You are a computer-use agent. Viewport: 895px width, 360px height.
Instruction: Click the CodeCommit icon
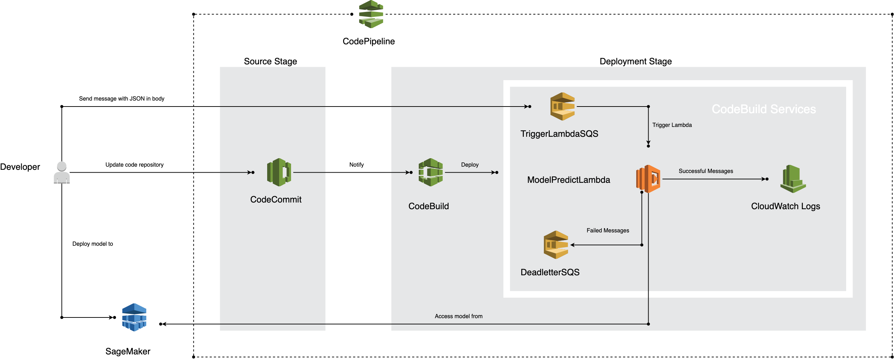pos(279,172)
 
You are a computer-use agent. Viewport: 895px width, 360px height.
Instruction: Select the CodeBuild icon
pos(431,172)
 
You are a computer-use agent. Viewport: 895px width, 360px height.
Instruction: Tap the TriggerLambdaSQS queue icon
pos(562,107)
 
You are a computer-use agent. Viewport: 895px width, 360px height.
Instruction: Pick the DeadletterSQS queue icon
pos(556,245)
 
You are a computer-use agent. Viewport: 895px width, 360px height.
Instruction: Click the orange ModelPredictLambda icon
pos(648,179)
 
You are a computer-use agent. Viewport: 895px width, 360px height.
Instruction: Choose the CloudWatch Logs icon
pos(793,179)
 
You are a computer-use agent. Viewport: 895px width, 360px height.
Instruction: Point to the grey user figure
pos(62,174)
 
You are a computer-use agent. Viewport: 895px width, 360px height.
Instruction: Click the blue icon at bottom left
pos(134,318)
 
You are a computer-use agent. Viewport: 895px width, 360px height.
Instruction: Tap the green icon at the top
pos(371,14)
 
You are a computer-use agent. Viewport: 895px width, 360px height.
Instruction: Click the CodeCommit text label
pos(276,200)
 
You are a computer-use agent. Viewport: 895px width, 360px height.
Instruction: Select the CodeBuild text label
pos(429,206)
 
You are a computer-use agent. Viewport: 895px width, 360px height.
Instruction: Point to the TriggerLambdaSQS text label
pos(559,134)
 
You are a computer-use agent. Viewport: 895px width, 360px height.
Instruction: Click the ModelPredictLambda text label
pos(568,180)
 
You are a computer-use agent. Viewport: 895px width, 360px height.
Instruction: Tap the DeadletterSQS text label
pos(550,272)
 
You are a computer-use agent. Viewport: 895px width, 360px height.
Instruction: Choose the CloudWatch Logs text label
pos(785,206)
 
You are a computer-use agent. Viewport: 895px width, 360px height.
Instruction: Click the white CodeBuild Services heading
pos(764,109)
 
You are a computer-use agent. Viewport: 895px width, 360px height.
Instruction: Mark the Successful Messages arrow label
pos(706,171)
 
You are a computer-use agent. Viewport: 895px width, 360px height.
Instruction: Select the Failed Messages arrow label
pos(607,231)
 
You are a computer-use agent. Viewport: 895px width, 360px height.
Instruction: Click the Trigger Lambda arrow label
pos(672,125)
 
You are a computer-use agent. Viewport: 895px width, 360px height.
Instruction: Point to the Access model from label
pos(458,316)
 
